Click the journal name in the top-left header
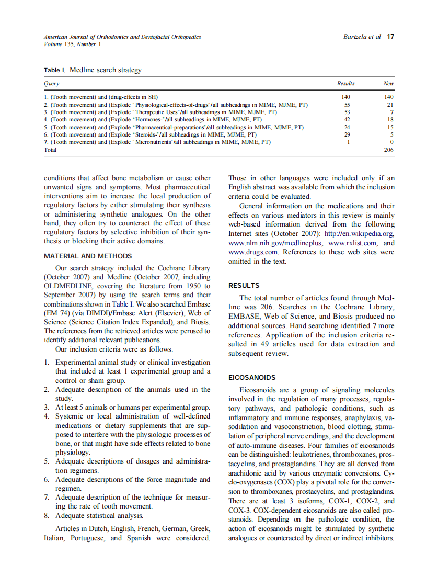pos(122,37)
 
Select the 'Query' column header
pos(51,83)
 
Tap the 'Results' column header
pos(345,83)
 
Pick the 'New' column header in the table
pos(388,83)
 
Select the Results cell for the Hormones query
pos(346,119)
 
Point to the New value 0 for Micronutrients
pos(391,142)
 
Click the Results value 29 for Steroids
pos(346,134)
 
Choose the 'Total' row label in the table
pos(50,149)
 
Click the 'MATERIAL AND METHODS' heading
pos(88,256)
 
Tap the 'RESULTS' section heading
pos(244,286)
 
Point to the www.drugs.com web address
pos(251,252)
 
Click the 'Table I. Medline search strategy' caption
pos(93,70)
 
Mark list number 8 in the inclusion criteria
pos(47,515)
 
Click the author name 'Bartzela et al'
pos(362,37)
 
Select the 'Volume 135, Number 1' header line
pos(73,44)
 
